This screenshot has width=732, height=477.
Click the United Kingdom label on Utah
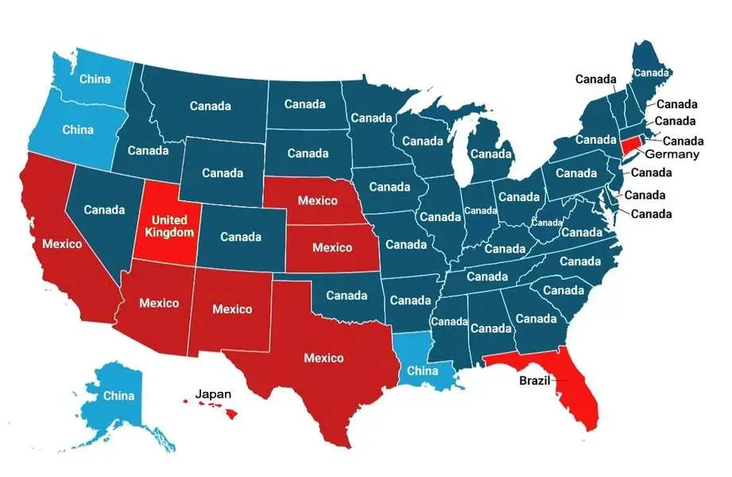168,226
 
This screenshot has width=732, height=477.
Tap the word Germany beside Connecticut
672,153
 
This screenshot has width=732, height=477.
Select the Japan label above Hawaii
214,393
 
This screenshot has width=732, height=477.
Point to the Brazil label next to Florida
534,380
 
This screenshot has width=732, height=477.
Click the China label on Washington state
95,79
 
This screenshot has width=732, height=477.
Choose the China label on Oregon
78,130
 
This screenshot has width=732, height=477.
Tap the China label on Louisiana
423,370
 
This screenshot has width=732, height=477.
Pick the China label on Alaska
118,395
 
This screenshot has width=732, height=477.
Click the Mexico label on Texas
323,358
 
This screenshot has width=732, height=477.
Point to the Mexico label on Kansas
331,247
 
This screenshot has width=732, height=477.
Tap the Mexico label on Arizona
159,303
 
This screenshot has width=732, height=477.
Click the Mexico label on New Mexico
232,308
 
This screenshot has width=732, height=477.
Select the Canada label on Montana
211,106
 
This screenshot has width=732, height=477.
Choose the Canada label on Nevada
104,210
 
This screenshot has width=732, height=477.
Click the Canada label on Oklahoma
347,295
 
